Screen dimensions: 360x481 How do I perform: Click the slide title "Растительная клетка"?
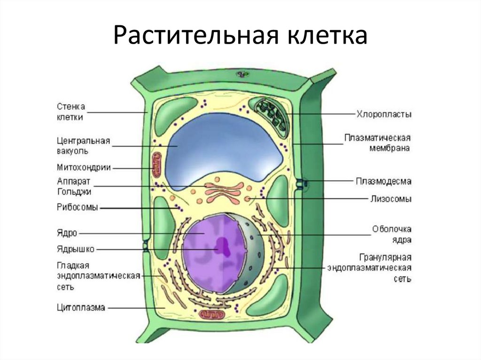[240, 36]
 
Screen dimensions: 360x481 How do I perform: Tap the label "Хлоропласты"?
[384, 114]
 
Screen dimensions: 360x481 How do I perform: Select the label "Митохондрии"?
[84, 167]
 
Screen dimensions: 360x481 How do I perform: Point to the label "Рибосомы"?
[78, 208]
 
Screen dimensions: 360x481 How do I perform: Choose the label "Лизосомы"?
[389, 199]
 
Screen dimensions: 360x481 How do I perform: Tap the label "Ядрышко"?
[76, 249]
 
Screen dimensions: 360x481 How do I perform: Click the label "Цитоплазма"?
[81, 308]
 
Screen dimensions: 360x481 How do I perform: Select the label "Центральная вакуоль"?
[83, 146]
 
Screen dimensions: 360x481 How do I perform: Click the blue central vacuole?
[225, 146]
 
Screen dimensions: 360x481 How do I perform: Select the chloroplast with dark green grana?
[271, 115]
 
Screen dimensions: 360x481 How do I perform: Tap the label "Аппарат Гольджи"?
[74, 186]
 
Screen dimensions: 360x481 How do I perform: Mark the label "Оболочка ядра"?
[392, 234]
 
